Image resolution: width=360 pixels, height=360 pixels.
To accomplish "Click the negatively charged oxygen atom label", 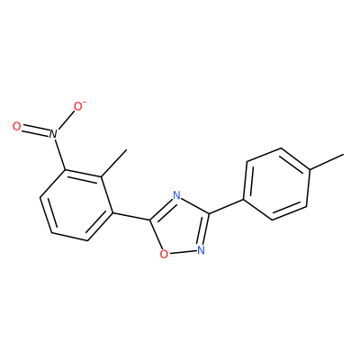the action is (78, 106).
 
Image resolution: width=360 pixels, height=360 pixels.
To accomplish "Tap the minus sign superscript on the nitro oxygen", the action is (85, 103).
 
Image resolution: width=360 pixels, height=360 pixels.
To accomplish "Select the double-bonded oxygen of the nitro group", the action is (17, 127).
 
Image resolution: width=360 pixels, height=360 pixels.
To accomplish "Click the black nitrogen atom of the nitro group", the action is (53, 134).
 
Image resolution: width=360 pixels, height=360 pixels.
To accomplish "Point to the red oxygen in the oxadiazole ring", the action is (164, 254).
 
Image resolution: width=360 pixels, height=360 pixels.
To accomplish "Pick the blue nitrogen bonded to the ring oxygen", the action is (201, 250).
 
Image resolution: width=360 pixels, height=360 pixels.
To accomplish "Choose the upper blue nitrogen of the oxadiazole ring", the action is (177, 196).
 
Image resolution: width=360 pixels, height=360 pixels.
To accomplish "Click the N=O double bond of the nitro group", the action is (35, 130).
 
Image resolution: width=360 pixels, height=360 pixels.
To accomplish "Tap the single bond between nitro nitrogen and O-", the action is (66, 120).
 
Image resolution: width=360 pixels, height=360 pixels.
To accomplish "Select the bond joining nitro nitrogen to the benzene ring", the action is (59, 154).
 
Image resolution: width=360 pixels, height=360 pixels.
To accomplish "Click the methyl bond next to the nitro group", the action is (114, 163).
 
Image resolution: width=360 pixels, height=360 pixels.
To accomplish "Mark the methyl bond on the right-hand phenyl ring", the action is (327, 162).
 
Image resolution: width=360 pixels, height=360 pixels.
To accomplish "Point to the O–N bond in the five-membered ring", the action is (183, 252).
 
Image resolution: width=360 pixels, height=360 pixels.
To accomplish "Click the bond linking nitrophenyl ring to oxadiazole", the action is (131, 217).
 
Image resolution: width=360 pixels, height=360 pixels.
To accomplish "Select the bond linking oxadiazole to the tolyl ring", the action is (227, 206).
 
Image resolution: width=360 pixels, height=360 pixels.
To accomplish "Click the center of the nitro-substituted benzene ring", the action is (76, 205).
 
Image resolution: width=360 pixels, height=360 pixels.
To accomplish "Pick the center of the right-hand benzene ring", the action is (276, 184).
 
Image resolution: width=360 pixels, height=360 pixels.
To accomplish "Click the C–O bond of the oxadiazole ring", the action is (156, 235).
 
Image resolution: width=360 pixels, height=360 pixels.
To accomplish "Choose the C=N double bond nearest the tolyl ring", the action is (204, 229).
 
